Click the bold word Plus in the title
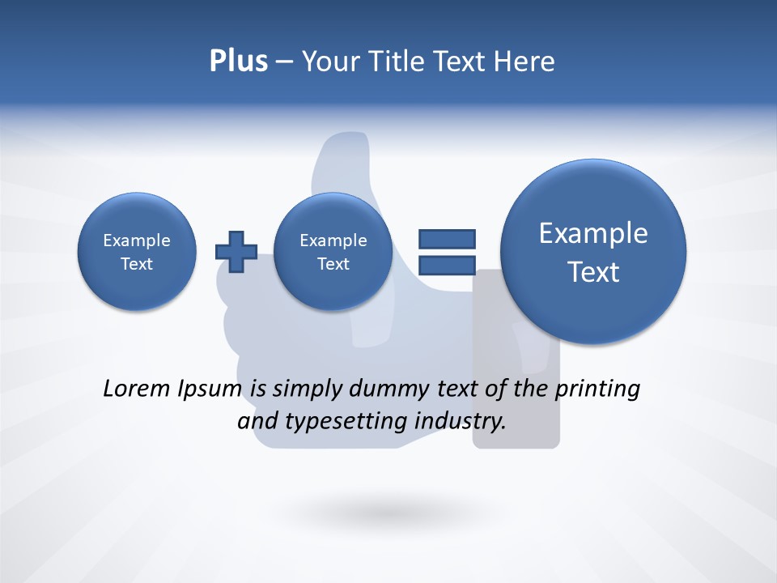click(238, 62)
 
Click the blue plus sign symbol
click(236, 251)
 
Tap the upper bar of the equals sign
click(446, 239)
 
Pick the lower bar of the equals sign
click(446, 266)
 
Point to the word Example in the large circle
click(593, 233)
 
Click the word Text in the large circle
click(593, 272)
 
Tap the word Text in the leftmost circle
click(137, 264)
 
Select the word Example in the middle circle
click(333, 240)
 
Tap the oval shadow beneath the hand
click(389, 512)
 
